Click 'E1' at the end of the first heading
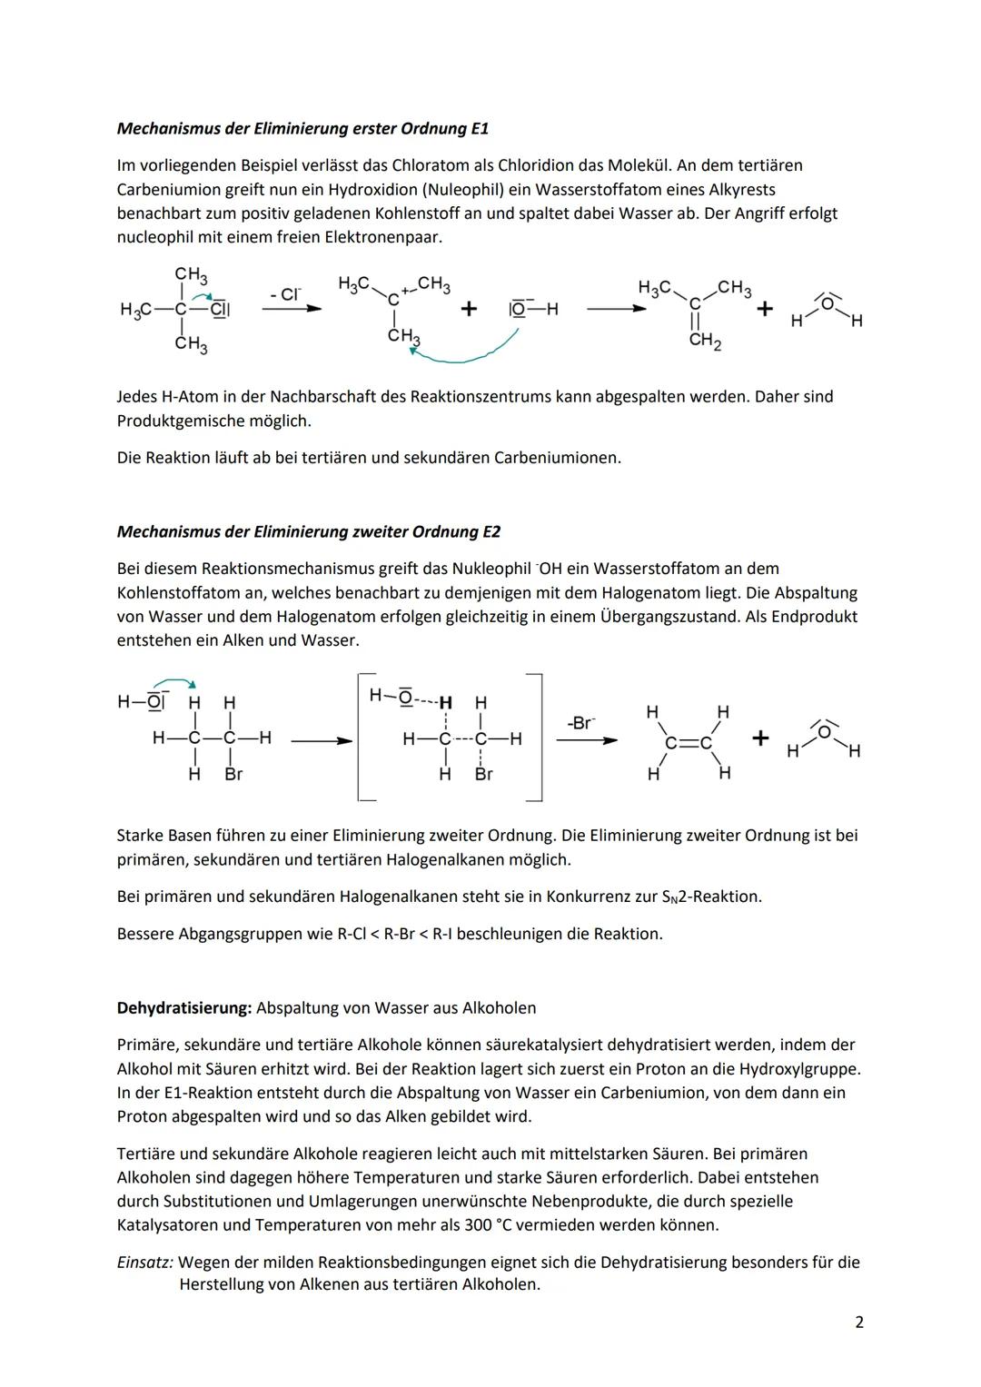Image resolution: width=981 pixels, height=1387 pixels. point(479,129)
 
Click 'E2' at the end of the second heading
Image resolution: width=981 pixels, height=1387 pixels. point(490,532)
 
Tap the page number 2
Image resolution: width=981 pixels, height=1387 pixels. point(859,1323)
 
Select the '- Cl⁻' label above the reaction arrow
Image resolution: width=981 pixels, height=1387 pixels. point(285,294)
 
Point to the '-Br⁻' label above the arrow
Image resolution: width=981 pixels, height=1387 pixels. point(582,723)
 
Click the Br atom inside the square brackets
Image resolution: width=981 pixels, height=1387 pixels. point(483,775)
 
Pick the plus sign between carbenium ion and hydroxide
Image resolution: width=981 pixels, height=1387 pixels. point(469,309)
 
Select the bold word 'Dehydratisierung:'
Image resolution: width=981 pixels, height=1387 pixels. point(184,1008)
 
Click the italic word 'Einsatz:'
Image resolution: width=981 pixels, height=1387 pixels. point(145,1263)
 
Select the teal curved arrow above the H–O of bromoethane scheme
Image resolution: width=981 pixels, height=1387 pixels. point(173,683)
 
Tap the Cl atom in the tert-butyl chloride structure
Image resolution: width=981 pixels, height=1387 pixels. point(219,309)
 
